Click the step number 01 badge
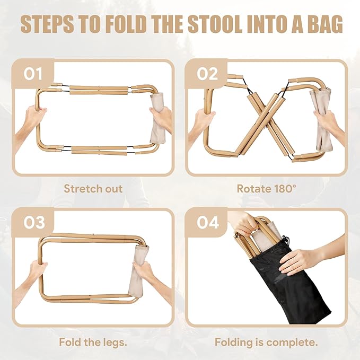click(33, 73)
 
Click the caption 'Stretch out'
click(93, 189)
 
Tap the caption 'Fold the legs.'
click(93, 342)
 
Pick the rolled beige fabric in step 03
click(139, 270)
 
